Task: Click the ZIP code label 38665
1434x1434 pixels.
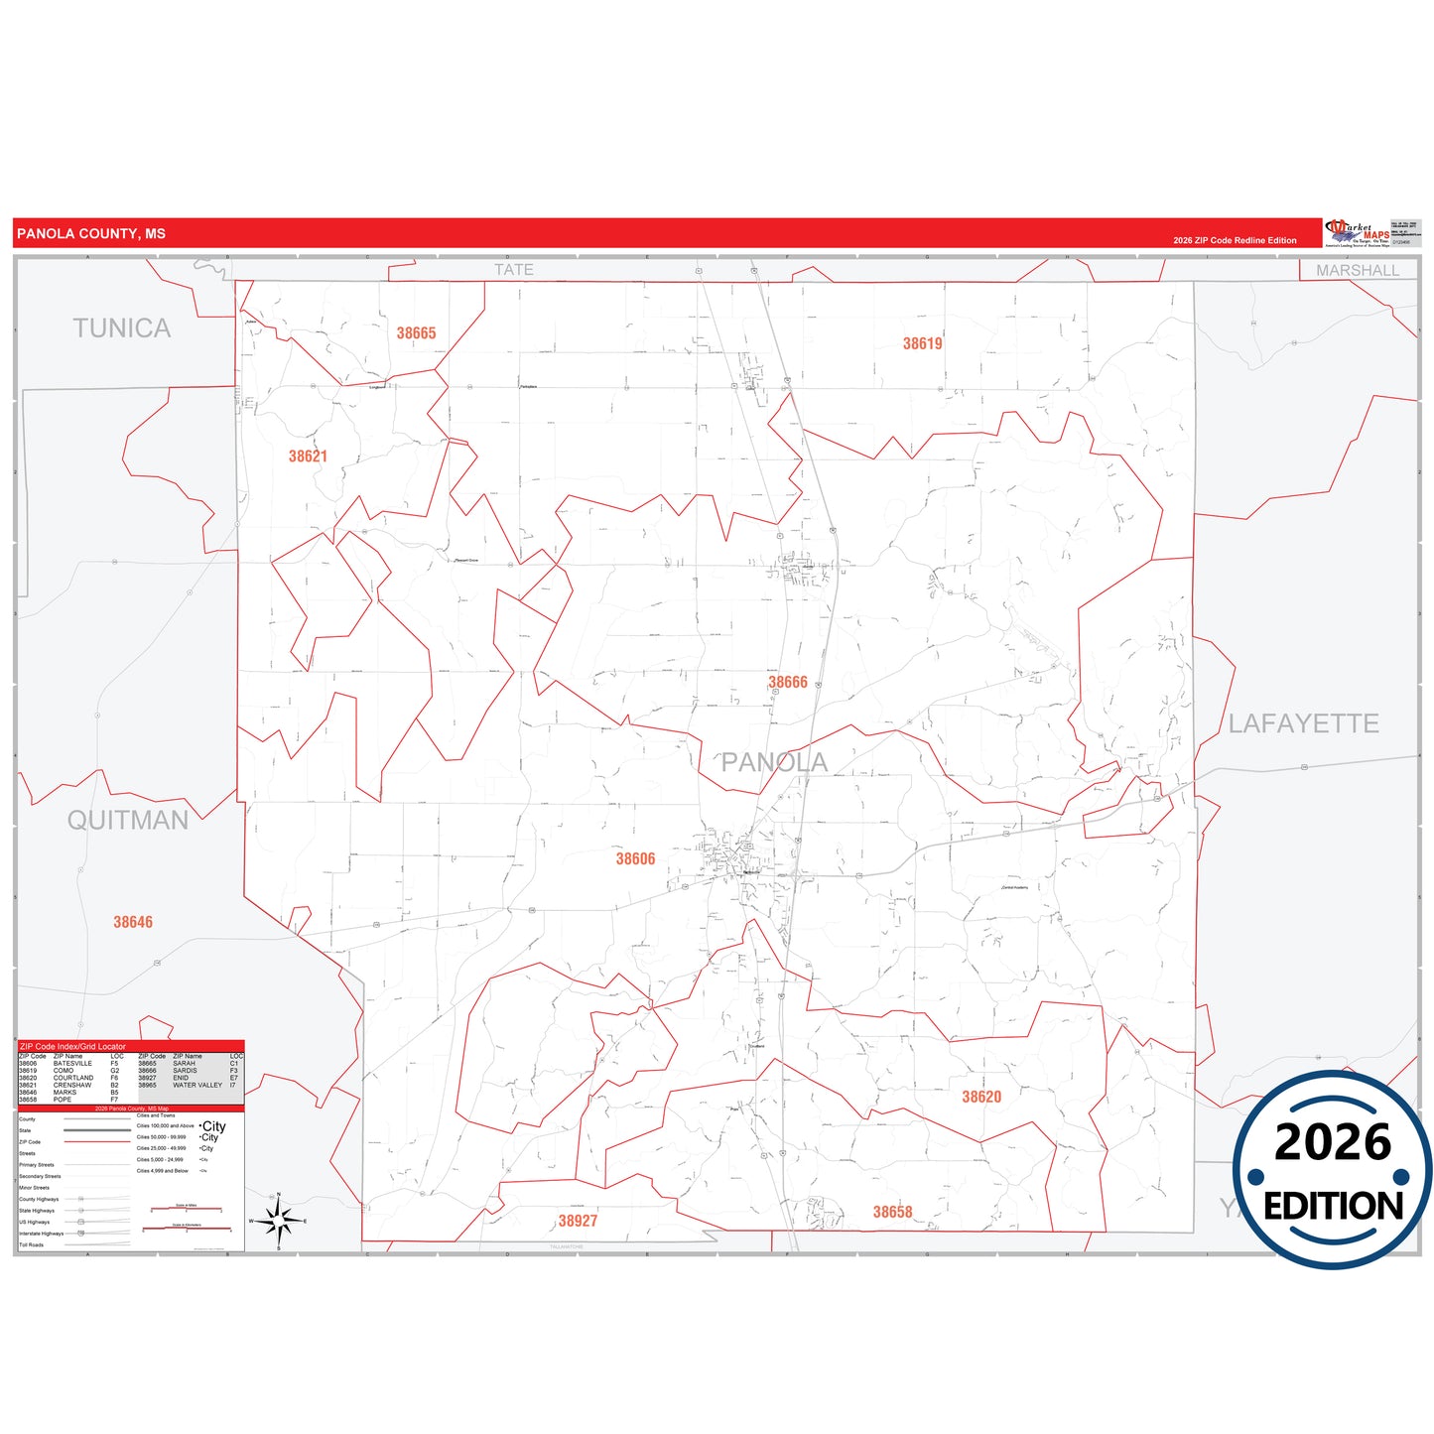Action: tap(416, 333)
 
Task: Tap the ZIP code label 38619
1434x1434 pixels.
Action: tap(922, 343)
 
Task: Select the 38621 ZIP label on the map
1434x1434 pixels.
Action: tap(308, 456)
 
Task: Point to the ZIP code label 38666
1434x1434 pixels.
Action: tap(788, 683)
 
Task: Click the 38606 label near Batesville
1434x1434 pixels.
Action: tap(635, 859)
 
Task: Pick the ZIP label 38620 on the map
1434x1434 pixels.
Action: tap(981, 1097)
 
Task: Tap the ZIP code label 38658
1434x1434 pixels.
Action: tap(892, 1212)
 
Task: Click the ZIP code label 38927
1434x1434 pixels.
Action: tap(578, 1221)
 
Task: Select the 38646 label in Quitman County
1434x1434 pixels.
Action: tap(133, 922)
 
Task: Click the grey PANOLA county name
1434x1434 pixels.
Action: tap(774, 762)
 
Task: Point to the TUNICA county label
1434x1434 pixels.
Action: tap(121, 328)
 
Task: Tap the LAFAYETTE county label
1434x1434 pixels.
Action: tap(1303, 723)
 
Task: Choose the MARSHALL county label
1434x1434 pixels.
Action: tap(1357, 270)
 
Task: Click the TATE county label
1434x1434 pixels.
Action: tap(514, 269)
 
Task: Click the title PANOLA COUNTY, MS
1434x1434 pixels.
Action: tap(91, 234)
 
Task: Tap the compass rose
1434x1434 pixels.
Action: tap(279, 1220)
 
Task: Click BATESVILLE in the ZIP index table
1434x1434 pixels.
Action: tap(72, 1063)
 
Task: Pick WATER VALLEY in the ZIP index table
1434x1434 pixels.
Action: tap(197, 1085)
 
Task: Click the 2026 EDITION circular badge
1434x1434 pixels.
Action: tap(1333, 1170)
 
